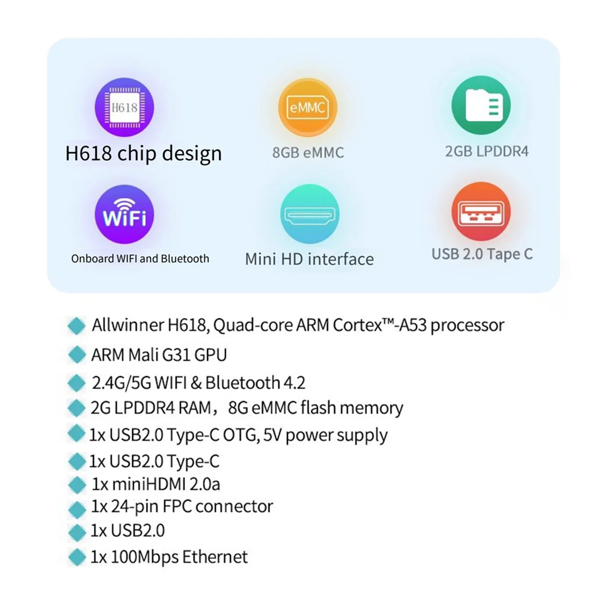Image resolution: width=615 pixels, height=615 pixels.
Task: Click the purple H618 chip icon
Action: pyautogui.click(x=125, y=107)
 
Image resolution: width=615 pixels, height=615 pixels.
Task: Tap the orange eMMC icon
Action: pyautogui.click(x=307, y=107)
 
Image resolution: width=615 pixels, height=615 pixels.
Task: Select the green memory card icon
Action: pyautogui.click(x=481, y=105)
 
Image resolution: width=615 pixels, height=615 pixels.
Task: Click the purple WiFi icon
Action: pyautogui.click(x=125, y=214)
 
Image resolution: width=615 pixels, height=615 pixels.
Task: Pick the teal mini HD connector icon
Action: pyautogui.click(x=310, y=214)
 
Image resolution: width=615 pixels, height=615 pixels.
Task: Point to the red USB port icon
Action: pyautogui.click(x=481, y=211)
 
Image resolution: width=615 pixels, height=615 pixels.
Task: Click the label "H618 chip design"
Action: pyautogui.click(x=143, y=153)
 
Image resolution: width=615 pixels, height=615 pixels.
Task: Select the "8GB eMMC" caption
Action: pyautogui.click(x=308, y=152)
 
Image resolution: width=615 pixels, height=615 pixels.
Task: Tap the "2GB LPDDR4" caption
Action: pyautogui.click(x=486, y=151)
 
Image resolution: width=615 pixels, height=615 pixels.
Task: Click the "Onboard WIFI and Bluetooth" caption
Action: pyautogui.click(x=140, y=258)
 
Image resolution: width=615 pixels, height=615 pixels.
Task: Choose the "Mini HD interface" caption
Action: pyautogui.click(x=309, y=259)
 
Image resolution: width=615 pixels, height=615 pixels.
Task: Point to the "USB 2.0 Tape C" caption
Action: pyautogui.click(x=482, y=254)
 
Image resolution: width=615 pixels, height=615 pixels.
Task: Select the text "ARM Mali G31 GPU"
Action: pyautogui.click(x=159, y=355)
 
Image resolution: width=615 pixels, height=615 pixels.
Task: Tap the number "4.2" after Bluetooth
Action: pyautogui.click(x=294, y=383)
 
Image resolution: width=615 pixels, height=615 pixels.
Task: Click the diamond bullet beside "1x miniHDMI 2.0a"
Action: pyautogui.click(x=77, y=485)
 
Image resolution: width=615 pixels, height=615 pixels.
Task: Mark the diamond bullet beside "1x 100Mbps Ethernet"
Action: pyautogui.click(x=77, y=557)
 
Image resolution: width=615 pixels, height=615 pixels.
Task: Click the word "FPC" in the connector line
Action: pyautogui.click(x=177, y=506)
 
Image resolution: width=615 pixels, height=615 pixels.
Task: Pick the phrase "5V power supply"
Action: pyautogui.click(x=336, y=435)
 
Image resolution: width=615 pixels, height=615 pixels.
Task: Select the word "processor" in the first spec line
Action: pyautogui.click(x=467, y=325)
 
